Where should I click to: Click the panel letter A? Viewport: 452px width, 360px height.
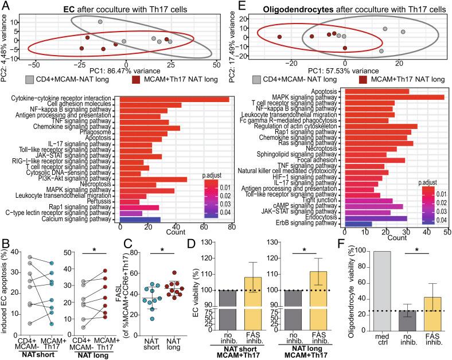click(5, 7)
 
